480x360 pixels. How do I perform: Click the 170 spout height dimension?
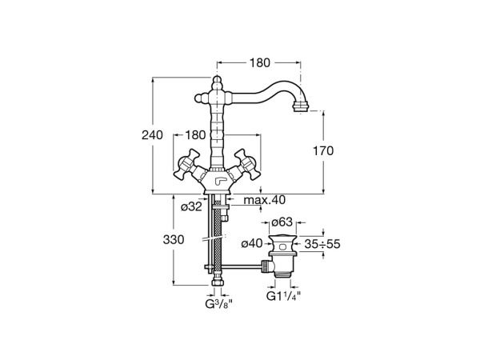322,150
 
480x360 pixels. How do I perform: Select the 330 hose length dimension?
174,239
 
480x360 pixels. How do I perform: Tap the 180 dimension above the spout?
259,61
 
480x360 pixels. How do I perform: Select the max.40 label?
266,200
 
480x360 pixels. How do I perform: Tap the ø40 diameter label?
252,243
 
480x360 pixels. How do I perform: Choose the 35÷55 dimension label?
325,243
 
